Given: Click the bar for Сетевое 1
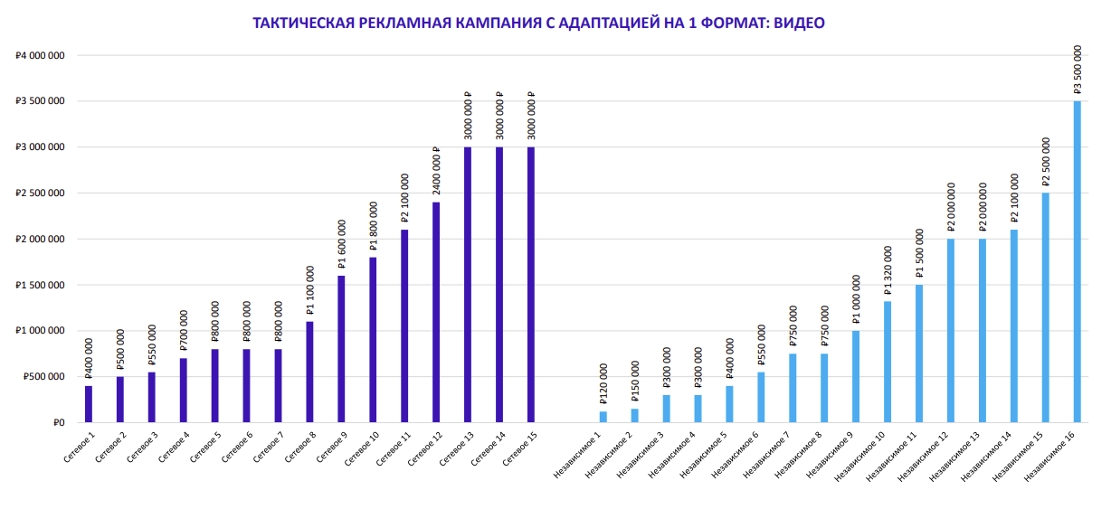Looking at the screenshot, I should pyautogui.click(x=89, y=404).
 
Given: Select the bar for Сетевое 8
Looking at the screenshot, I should pyautogui.click(x=309, y=372).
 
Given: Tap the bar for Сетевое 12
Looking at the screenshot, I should pyautogui.click(x=436, y=312).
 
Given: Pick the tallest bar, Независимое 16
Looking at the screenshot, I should pyautogui.click(x=1077, y=261).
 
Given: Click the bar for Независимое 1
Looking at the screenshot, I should pyautogui.click(x=603, y=417).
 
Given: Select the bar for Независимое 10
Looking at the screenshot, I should pyautogui.click(x=888, y=362).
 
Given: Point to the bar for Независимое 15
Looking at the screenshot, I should pyautogui.click(x=1045, y=307).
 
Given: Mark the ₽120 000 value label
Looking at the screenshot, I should pyautogui.click(x=603, y=384).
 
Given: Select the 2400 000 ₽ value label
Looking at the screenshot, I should pyautogui.click(x=436, y=172).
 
